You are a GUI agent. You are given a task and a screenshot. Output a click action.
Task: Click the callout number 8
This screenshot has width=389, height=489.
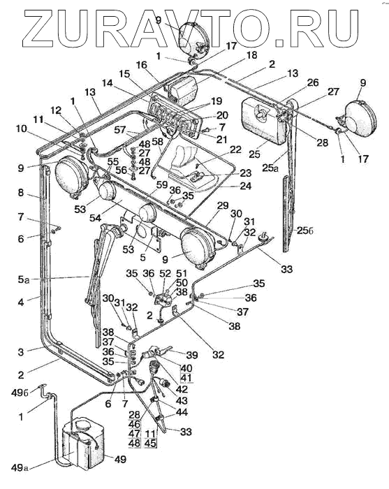[x=20, y=193]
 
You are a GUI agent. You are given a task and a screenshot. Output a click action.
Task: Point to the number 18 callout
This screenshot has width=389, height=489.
[x=251, y=55]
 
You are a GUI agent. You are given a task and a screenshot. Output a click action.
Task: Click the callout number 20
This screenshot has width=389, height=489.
[x=222, y=115]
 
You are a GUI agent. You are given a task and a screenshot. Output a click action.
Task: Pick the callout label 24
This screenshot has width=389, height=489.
[x=245, y=186]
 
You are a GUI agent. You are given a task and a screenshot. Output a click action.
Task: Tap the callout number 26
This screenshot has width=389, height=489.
[x=313, y=82]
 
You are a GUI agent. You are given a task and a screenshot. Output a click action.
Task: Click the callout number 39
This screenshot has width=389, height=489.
[x=191, y=355]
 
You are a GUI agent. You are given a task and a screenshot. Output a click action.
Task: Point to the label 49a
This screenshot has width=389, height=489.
[x=20, y=468]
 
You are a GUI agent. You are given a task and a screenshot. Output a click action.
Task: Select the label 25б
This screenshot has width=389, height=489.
[x=304, y=231]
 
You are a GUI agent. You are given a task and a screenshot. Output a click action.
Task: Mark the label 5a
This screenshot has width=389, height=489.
[x=23, y=279]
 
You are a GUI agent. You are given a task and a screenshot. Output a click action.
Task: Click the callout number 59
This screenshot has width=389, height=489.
[x=162, y=184]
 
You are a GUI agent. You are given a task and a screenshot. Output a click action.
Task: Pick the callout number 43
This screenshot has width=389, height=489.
[x=182, y=400]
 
